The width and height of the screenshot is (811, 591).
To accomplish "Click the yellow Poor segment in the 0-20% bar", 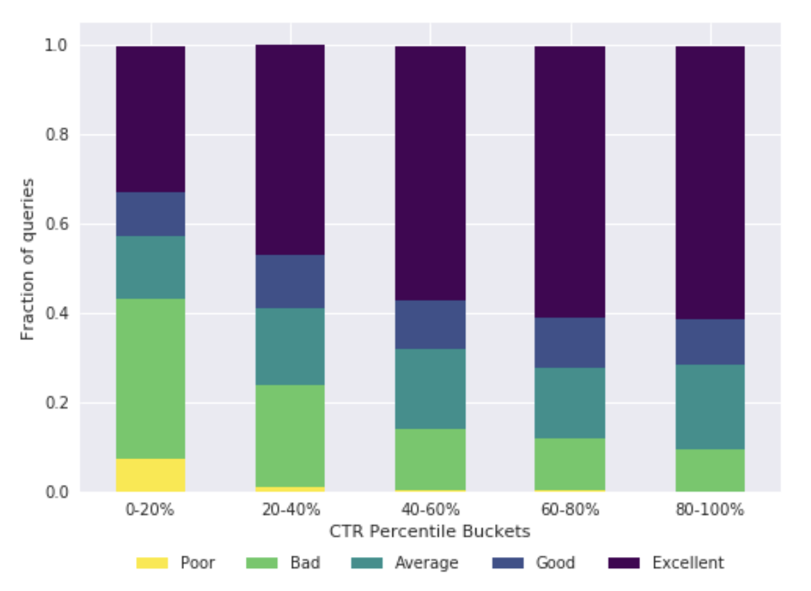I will point(151,475).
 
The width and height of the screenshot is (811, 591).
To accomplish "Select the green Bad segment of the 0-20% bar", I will point(151,379).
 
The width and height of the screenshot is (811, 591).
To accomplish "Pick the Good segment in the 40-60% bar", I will point(430,325).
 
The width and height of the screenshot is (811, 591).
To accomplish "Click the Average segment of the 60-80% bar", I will point(569,403).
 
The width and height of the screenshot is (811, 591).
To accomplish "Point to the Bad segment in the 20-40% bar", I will point(290,436).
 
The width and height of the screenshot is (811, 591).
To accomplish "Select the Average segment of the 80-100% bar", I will point(710,407).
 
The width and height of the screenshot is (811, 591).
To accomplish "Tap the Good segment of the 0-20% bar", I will point(151,214).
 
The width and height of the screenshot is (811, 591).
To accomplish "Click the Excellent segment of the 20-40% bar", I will point(290,150).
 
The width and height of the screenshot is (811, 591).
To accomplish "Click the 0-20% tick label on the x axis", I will point(151,510).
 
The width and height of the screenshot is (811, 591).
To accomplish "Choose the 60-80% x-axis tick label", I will point(569,510).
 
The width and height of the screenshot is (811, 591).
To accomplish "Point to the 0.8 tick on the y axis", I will point(56,135).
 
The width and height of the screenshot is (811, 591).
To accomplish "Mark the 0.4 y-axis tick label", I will point(56,314).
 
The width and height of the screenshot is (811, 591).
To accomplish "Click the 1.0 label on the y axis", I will point(56,45).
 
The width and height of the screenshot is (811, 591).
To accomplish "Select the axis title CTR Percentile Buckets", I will point(430,532).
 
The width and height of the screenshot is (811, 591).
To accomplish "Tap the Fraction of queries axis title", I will point(27,259).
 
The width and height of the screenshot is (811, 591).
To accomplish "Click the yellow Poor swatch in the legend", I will point(152,563).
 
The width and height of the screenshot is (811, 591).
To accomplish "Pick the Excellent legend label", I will point(687,563).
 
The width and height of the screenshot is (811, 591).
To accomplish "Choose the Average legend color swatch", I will point(367,563).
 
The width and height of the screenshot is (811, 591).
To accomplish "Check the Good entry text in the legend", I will point(555,563).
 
